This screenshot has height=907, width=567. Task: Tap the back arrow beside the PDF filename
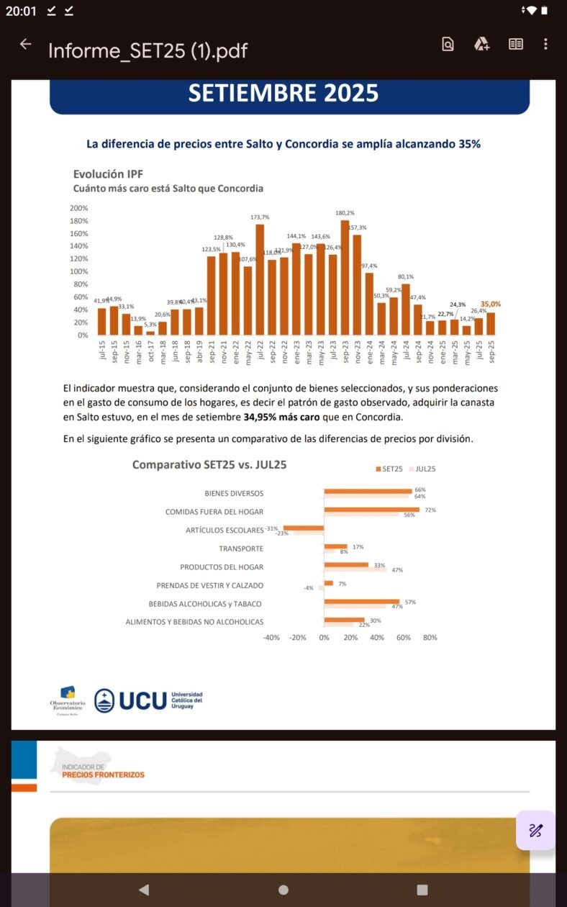point(26,45)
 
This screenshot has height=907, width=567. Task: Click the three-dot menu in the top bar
point(545,45)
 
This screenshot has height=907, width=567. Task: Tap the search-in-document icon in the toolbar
point(448,45)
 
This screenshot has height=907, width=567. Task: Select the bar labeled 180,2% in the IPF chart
point(345,277)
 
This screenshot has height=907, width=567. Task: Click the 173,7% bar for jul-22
point(260,279)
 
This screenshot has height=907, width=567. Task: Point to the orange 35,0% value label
point(491,304)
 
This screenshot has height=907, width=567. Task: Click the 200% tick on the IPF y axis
point(79,208)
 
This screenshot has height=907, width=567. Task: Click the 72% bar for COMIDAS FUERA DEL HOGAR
point(371,510)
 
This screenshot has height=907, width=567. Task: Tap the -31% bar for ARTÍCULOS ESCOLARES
point(304,528)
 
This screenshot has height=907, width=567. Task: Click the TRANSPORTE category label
point(241,549)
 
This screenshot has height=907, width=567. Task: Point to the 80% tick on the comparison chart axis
point(430,637)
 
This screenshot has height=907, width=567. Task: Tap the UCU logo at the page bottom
point(148,700)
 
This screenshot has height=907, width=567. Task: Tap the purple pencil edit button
point(535,831)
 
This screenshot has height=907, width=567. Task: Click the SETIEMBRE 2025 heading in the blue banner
point(283,94)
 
